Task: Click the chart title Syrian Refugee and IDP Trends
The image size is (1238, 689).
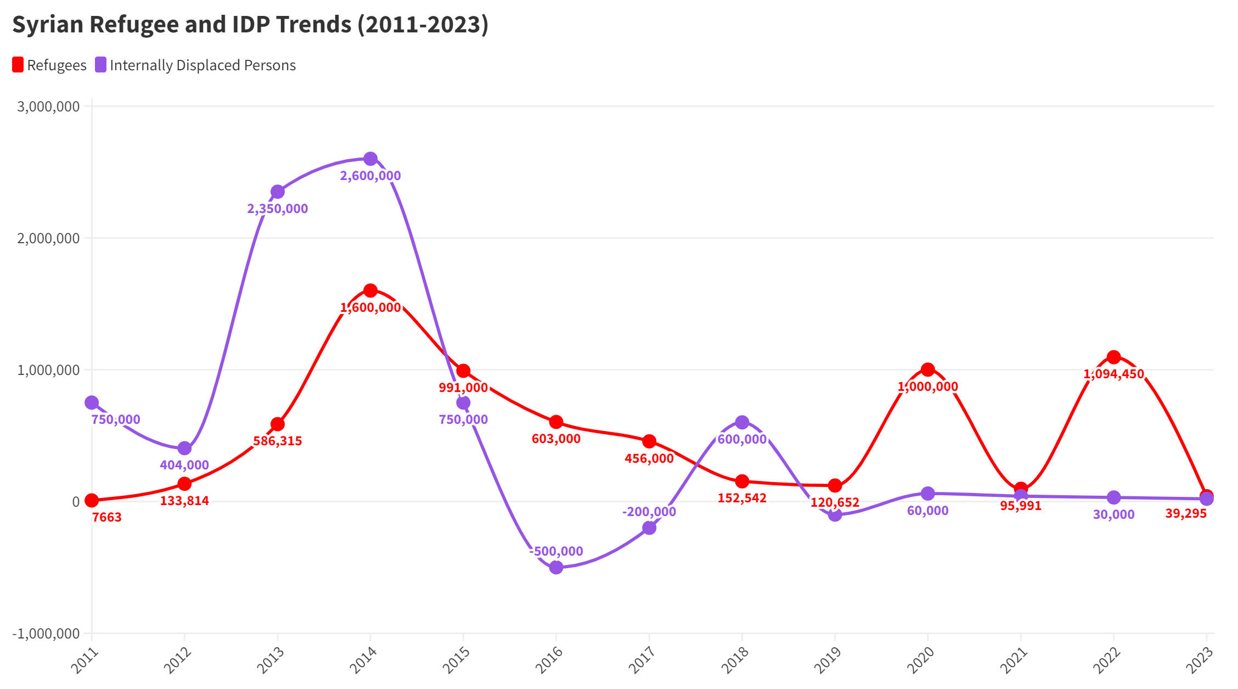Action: click(250, 25)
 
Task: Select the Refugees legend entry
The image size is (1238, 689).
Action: click(49, 65)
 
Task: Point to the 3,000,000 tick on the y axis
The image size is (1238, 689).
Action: click(48, 107)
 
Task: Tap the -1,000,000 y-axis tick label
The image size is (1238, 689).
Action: click(46, 634)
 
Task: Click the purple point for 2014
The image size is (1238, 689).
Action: click(370, 159)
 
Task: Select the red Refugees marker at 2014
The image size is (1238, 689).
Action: click(370, 290)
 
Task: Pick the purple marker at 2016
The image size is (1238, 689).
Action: click(556, 567)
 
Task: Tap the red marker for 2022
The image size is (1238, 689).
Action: click(1113, 357)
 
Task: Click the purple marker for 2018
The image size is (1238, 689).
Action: click(742, 422)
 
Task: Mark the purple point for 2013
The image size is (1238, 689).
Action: click(278, 192)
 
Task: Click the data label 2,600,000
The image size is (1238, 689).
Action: click(370, 176)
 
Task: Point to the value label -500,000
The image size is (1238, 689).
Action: click(556, 551)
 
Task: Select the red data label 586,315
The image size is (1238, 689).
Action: click(278, 441)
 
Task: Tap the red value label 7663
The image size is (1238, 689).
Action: click(106, 517)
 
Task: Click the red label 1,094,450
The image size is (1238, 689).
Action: click(1113, 374)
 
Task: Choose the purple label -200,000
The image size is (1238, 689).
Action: click(649, 512)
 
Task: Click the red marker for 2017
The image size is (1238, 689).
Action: click(649, 441)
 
